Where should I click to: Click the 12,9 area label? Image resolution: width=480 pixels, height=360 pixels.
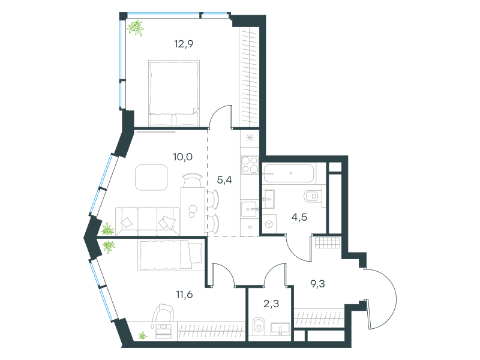click(184, 44)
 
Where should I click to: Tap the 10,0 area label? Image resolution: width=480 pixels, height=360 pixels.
click(183, 157)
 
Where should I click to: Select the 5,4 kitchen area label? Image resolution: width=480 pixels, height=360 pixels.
click(224, 181)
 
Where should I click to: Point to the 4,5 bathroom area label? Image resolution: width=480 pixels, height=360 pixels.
click(299, 217)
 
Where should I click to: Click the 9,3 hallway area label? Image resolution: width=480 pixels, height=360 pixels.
click(318, 284)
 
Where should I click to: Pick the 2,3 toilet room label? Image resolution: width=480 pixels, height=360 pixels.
click(271, 304)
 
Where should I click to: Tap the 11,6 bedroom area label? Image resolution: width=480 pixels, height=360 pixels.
click(184, 295)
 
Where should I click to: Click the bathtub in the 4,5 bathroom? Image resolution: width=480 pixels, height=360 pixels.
click(289, 173)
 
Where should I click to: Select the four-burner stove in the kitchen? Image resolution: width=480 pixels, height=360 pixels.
click(250, 164)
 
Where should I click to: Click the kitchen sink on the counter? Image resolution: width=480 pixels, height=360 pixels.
click(249, 209)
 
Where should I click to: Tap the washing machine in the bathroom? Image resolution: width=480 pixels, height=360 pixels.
click(269, 224)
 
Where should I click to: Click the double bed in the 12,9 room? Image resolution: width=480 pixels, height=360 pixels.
click(174, 94)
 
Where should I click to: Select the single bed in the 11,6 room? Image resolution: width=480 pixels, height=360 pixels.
click(171, 255)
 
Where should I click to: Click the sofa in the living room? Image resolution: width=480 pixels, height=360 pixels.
click(148, 221)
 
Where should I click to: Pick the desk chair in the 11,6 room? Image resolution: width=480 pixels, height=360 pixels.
click(163, 313)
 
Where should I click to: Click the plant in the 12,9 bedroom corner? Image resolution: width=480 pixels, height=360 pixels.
click(136, 28)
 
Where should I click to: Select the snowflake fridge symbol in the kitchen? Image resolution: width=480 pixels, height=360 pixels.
click(250, 138)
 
